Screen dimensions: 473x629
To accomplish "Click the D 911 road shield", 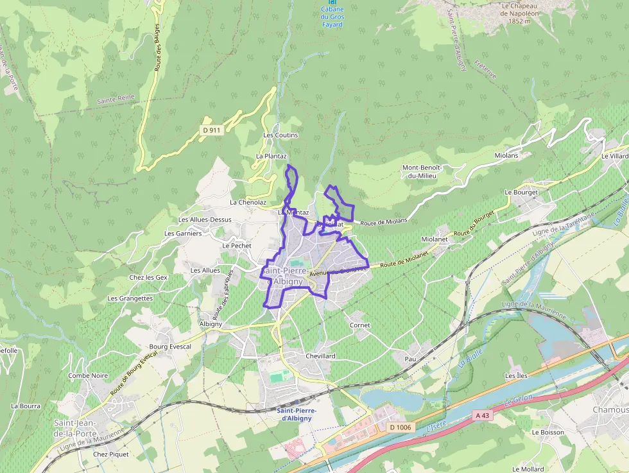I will pyautogui.click(x=211, y=130).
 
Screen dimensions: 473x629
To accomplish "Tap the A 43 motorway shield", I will pyautogui.click(x=483, y=415).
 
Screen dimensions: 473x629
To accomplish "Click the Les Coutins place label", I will pyautogui.click(x=280, y=135).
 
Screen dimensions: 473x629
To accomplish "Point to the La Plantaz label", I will pyautogui.click(x=271, y=156).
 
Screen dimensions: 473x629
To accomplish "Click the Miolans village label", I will pyautogui.click(x=506, y=155).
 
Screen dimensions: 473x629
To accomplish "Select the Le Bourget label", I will pyautogui.click(x=521, y=192).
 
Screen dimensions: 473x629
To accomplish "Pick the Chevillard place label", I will pyautogui.click(x=321, y=356).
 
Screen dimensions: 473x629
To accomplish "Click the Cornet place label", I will pyautogui.click(x=359, y=325).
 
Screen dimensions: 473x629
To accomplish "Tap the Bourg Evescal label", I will pyautogui.click(x=170, y=347).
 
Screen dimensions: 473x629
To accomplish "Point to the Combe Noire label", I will pyautogui.click(x=88, y=375).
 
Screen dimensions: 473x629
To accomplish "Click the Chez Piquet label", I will pyautogui.click(x=110, y=454).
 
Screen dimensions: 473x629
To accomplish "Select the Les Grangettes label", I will pyautogui.click(x=130, y=298).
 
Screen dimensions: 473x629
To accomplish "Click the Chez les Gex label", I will pyautogui.click(x=148, y=277).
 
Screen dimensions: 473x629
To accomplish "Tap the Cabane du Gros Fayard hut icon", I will pyautogui.click(x=332, y=3).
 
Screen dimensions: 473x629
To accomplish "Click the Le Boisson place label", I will pyautogui.click(x=547, y=432).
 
